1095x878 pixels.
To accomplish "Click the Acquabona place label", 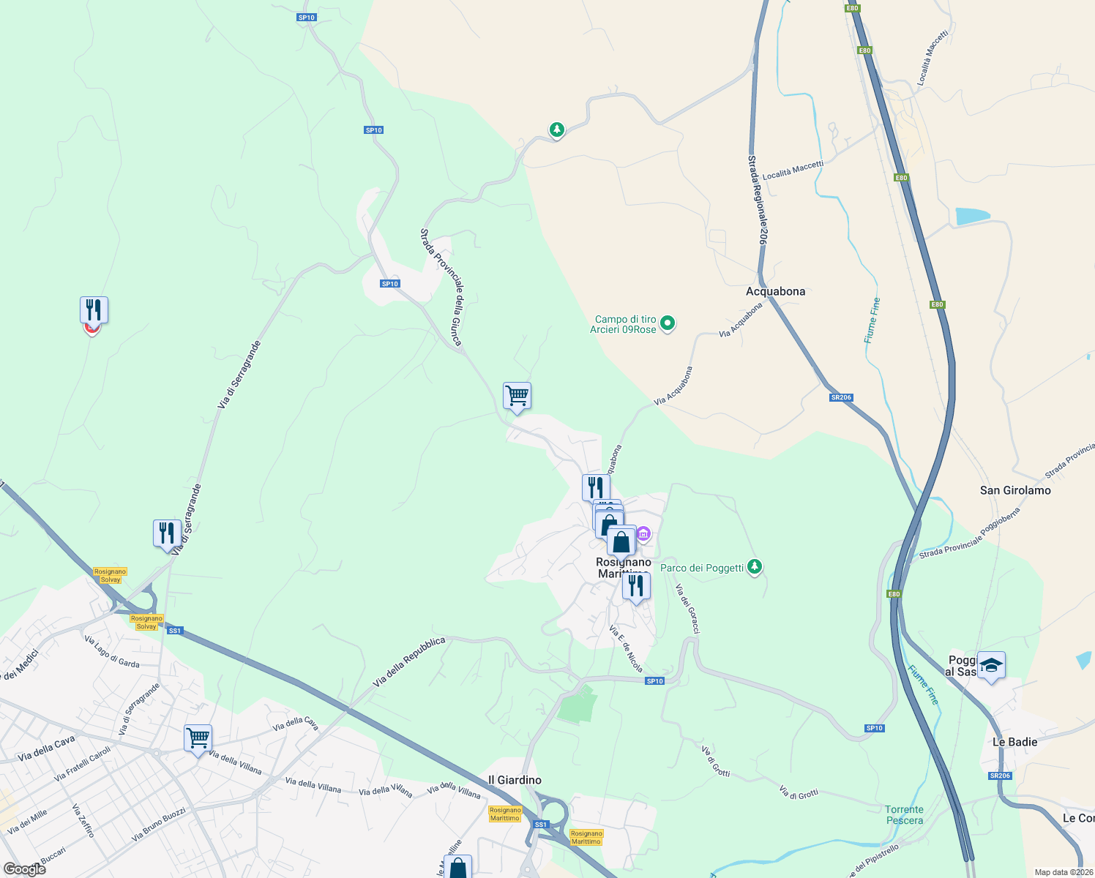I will pos(775,291).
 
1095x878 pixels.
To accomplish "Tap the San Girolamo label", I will pos(1015,490).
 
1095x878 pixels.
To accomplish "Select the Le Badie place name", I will pos(1014,742).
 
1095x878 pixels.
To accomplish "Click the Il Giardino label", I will pos(515,780).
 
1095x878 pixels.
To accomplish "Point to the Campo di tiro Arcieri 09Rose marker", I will pos(667,323).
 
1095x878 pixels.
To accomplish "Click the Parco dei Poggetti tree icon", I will pos(755,567).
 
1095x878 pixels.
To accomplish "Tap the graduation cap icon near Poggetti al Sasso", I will pos(991,665).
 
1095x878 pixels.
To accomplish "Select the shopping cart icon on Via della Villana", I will pos(198,738).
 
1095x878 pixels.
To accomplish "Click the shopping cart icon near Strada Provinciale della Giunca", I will pos(517,396).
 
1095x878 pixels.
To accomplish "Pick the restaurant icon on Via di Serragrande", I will pos(167,533).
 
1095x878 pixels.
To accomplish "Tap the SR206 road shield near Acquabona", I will pos(841,397).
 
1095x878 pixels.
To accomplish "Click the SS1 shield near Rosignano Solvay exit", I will pos(174,630).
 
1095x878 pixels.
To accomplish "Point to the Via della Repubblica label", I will pos(409,661).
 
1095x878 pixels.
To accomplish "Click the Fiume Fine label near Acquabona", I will pos(872,320).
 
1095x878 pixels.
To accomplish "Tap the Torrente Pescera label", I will pos(904,814).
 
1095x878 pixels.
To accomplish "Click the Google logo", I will pos(24,868).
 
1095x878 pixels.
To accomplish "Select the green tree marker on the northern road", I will pos(557,130).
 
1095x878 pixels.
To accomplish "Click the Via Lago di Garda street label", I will pos(112,651).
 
